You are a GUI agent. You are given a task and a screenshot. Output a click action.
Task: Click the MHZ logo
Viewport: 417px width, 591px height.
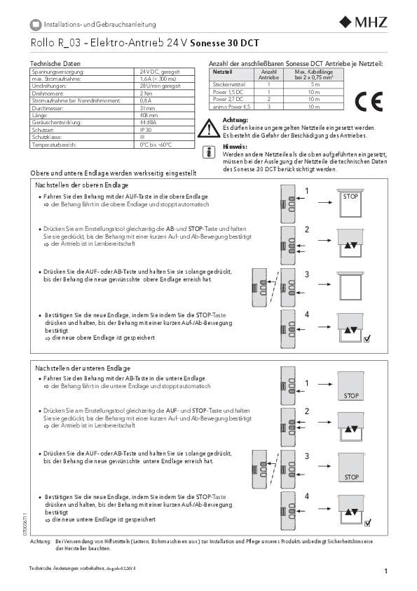coord(363,22)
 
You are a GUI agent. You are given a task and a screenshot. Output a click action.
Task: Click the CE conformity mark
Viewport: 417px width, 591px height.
coord(369,101)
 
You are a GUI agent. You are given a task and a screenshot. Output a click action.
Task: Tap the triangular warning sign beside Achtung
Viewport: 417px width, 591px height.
coord(209,128)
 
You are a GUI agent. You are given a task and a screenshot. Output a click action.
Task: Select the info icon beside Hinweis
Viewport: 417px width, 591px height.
coord(209,152)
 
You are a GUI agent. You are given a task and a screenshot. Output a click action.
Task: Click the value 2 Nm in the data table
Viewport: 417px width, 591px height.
coord(146,93)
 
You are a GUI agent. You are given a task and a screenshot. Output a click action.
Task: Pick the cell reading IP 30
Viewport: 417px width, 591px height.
coord(146,130)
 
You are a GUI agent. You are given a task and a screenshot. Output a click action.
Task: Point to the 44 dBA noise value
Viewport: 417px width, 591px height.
coord(148,123)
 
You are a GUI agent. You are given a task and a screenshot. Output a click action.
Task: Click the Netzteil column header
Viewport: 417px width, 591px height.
coord(222,72)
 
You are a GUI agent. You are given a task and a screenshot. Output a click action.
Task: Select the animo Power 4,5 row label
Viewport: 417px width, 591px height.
coord(231,107)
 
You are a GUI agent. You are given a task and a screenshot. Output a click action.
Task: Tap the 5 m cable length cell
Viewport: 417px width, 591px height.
coord(315,84)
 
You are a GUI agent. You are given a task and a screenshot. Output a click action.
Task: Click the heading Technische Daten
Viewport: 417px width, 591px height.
coord(55,63)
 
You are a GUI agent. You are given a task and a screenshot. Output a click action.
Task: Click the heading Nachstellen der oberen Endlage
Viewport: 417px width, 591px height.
coord(82,185)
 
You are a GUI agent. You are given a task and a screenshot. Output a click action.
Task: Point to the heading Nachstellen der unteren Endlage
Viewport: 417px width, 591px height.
coord(83,368)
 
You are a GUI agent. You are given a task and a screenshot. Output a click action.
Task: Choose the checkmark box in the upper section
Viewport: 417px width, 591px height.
coord(367,339)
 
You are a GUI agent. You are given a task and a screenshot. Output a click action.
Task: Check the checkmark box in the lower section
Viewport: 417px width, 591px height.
coord(368,523)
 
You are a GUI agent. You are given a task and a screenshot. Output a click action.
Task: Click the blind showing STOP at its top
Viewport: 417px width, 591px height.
coord(350,202)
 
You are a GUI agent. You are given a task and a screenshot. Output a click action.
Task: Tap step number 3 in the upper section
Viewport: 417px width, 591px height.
coord(307,274)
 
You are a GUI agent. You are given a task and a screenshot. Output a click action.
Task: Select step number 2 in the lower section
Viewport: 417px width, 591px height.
coord(307,411)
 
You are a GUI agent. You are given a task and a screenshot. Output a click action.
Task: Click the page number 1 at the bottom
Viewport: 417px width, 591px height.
coord(385,571)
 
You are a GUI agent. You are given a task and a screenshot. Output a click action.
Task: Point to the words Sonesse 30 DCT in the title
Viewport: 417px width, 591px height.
coord(225,43)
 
